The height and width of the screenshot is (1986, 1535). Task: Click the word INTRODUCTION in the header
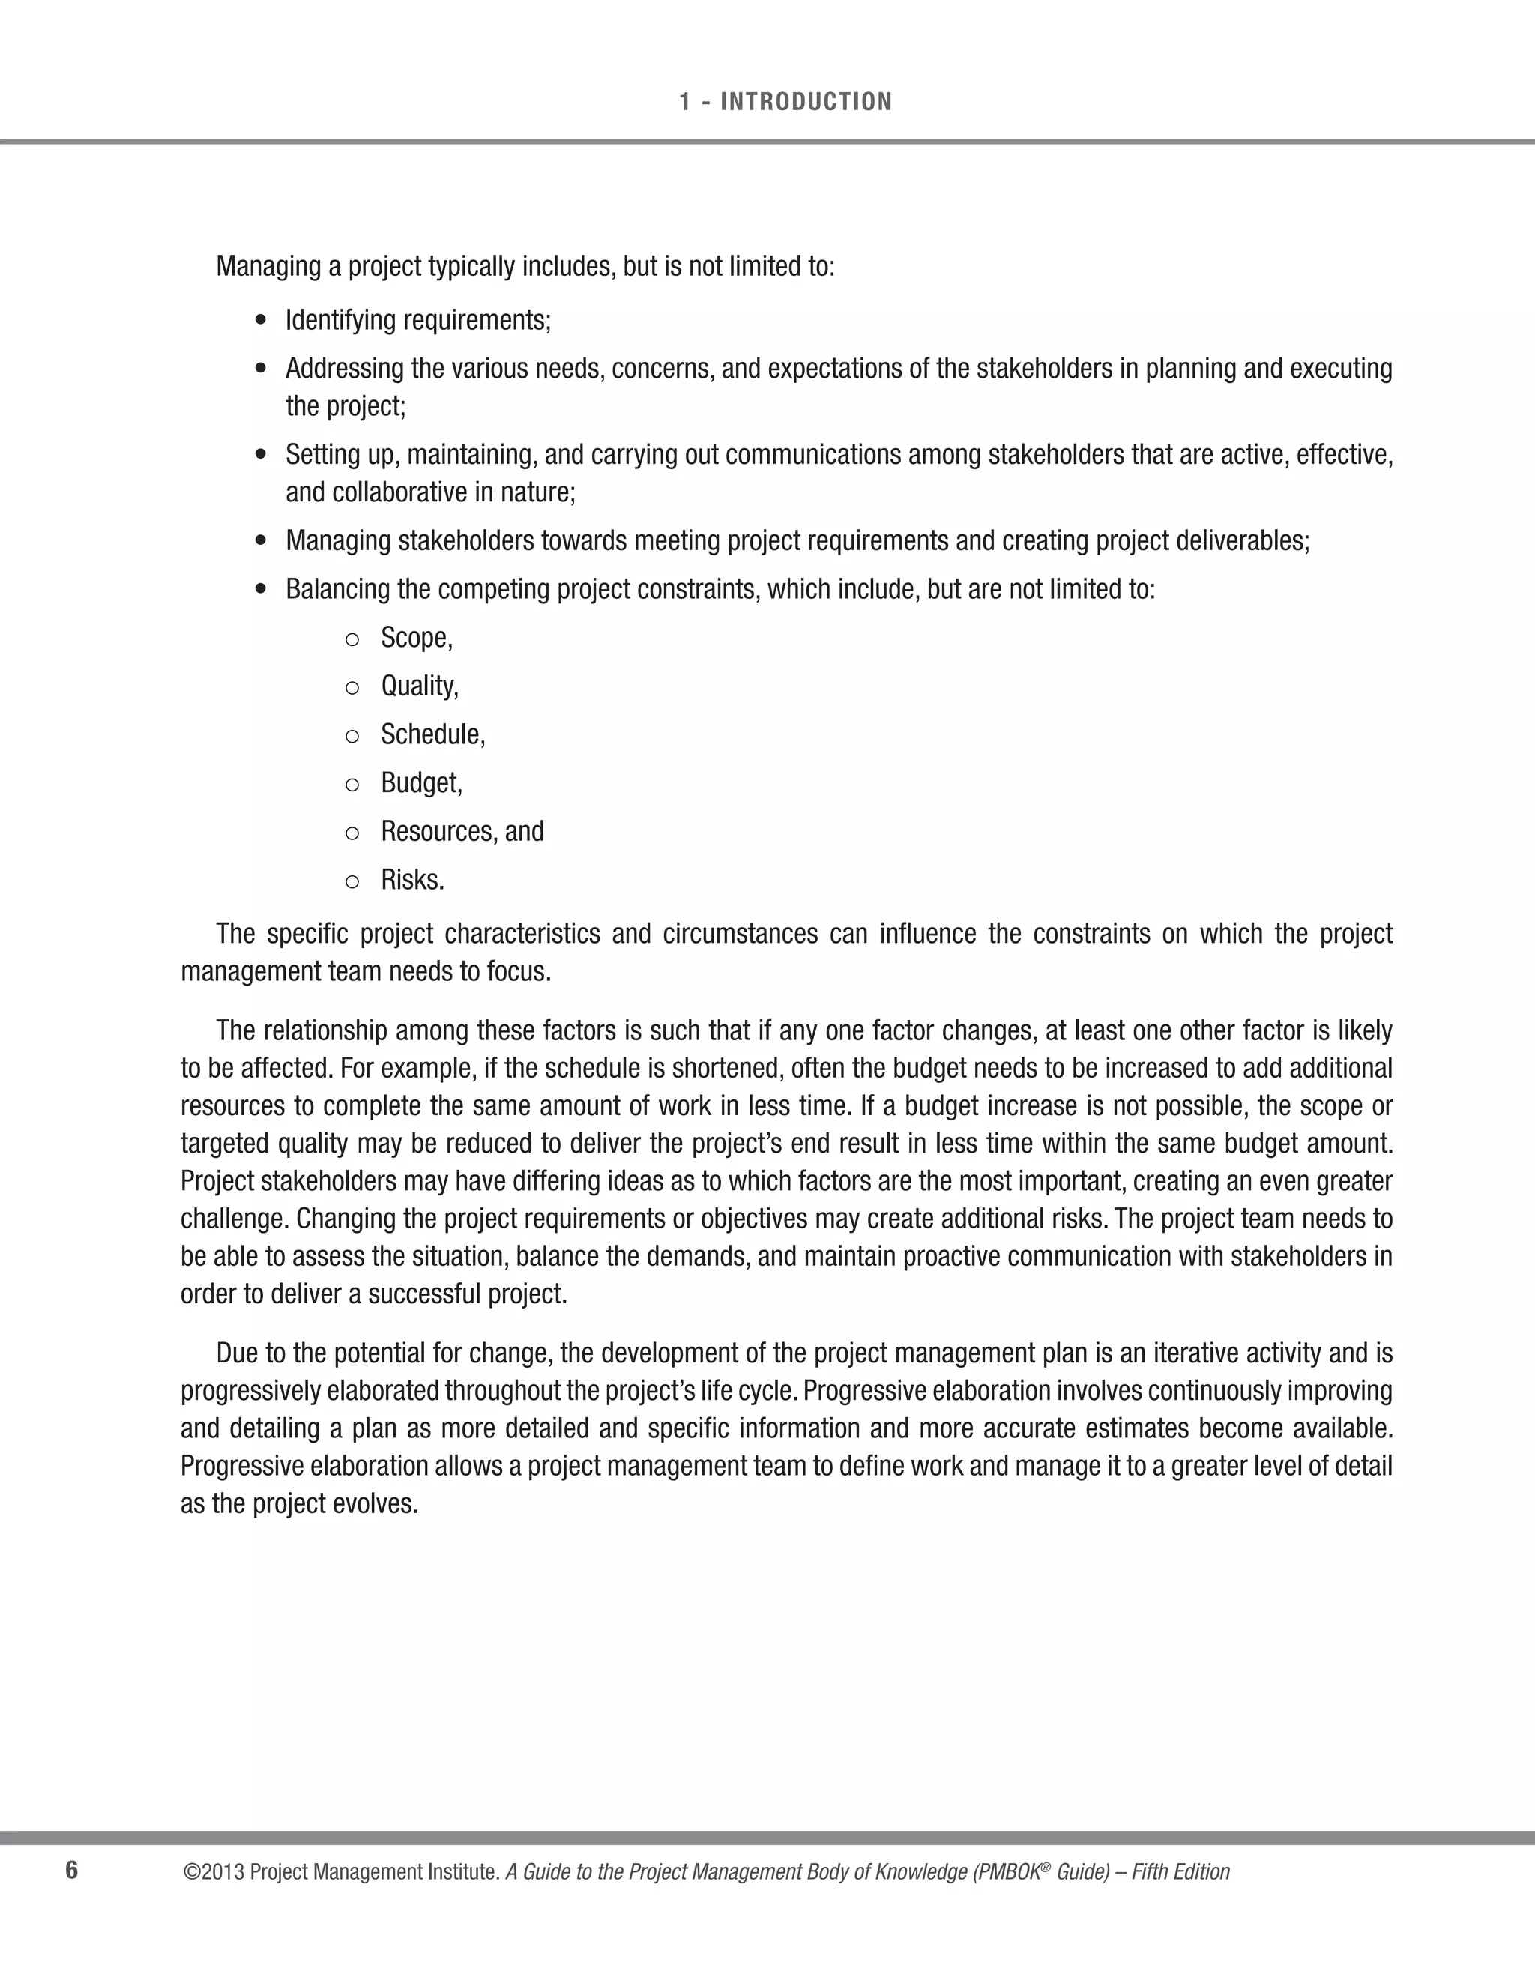coord(806,102)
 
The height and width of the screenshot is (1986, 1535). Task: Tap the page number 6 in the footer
coord(72,1871)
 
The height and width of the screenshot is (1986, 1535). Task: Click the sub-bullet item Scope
coord(415,638)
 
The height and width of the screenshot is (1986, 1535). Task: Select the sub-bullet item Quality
coord(419,686)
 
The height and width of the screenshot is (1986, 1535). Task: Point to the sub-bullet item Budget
coord(421,783)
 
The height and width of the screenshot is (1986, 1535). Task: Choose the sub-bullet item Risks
coord(412,881)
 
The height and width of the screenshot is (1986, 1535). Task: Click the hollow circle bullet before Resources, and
coord(352,833)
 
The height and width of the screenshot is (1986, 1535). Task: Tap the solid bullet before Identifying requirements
coord(262,321)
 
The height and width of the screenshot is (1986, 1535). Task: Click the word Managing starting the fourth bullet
coord(337,541)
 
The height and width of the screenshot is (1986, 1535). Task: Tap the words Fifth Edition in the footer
coord(1180,1872)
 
